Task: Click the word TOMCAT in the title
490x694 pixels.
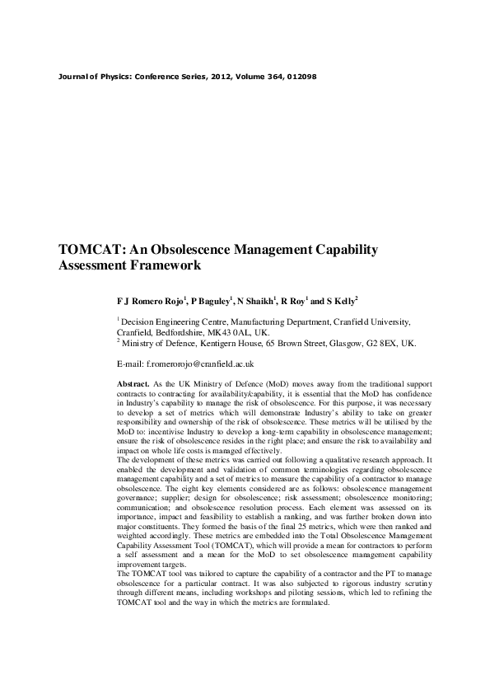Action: [x=89, y=250]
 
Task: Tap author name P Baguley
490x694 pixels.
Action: [x=211, y=302]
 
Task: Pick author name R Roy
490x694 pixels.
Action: [x=295, y=302]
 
